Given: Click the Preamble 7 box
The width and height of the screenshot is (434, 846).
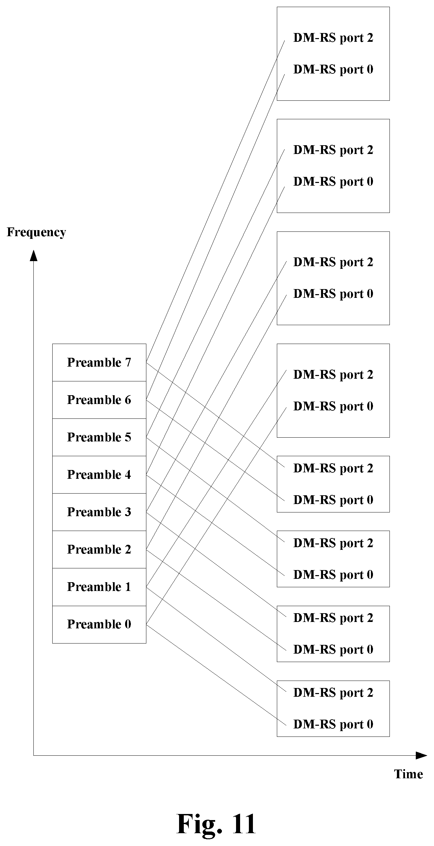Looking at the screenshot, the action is (99, 363).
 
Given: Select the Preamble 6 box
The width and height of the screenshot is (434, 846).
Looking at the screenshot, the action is (99, 400).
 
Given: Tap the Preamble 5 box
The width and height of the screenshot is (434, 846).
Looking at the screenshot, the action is (99, 437).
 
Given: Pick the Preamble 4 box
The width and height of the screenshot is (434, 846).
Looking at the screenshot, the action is (99, 475).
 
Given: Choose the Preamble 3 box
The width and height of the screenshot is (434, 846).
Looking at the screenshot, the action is (99, 512).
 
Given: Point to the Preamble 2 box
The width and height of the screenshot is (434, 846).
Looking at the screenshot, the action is (99, 550).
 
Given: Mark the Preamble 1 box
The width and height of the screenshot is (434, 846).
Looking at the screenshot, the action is (99, 587).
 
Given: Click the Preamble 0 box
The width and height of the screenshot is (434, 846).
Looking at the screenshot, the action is (99, 624).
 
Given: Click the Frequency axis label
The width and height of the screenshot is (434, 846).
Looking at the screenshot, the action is (36, 233).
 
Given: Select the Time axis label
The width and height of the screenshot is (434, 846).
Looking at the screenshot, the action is (408, 774).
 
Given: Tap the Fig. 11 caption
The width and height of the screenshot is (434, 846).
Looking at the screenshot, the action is (216, 823).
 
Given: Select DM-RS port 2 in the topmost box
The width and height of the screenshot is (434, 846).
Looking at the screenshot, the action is (334, 38).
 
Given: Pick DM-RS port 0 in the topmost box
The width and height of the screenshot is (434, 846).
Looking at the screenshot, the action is (334, 69).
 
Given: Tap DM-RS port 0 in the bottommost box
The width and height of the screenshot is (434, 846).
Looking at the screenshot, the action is (334, 724).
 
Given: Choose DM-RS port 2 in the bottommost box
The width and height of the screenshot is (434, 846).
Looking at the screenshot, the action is (334, 693).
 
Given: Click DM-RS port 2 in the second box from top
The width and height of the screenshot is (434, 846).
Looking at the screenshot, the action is (334, 150).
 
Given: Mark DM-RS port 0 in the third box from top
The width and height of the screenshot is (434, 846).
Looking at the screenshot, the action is (334, 294).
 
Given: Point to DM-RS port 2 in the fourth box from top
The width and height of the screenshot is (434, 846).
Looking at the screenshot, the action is (334, 375).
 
